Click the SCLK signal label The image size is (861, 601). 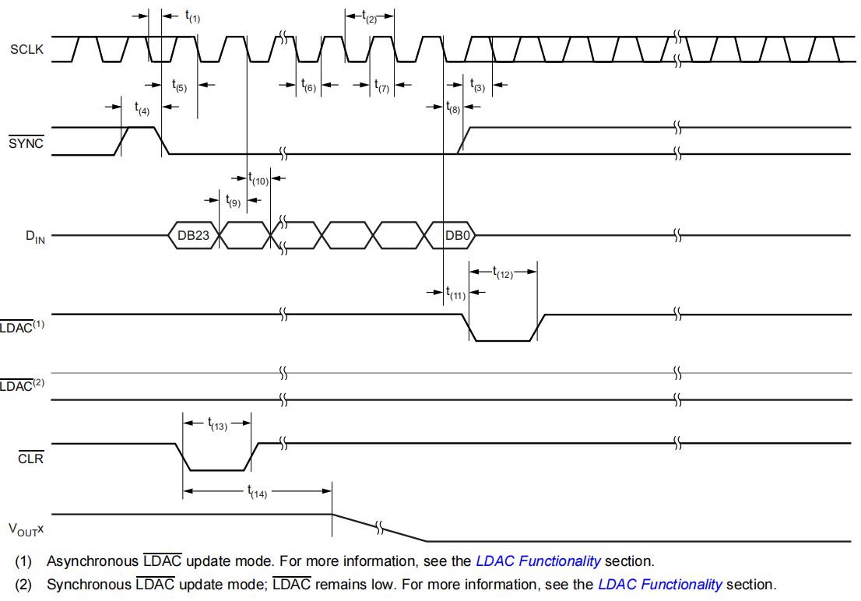(x=27, y=49)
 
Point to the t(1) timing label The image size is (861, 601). (x=192, y=16)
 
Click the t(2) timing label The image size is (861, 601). (x=370, y=16)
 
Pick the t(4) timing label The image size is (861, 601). (x=142, y=110)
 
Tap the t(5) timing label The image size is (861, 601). (x=179, y=86)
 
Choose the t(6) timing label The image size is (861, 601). (x=308, y=86)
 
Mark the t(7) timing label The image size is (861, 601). (x=381, y=86)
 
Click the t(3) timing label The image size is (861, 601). (x=478, y=86)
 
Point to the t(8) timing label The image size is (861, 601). (x=453, y=109)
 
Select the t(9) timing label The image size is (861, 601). (x=233, y=201)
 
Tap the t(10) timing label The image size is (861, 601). (x=258, y=180)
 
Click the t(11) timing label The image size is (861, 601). (x=456, y=293)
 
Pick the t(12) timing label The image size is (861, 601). (x=503, y=272)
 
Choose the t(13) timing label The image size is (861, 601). (x=217, y=424)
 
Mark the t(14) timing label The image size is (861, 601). (x=257, y=492)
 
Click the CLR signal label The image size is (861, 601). (x=30, y=459)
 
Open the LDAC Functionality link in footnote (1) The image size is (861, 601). (x=538, y=561)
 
